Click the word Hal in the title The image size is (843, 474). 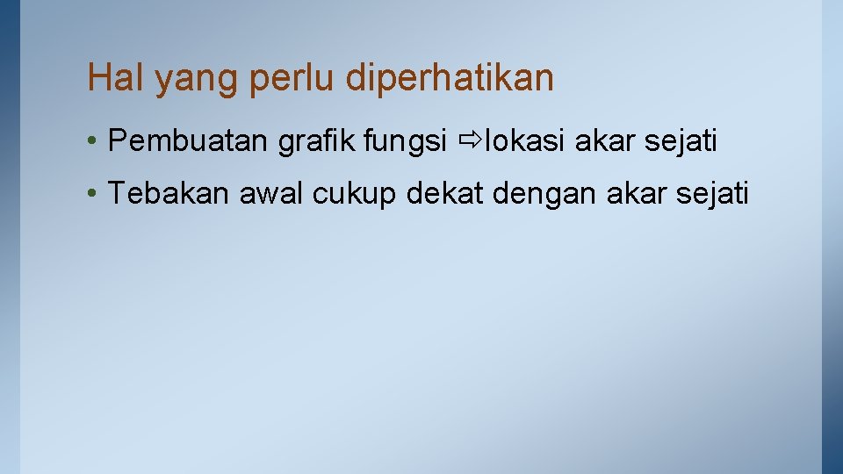coord(116,78)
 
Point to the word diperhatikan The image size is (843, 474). coord(450,79)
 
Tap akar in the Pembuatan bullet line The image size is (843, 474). coord(603,140)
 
